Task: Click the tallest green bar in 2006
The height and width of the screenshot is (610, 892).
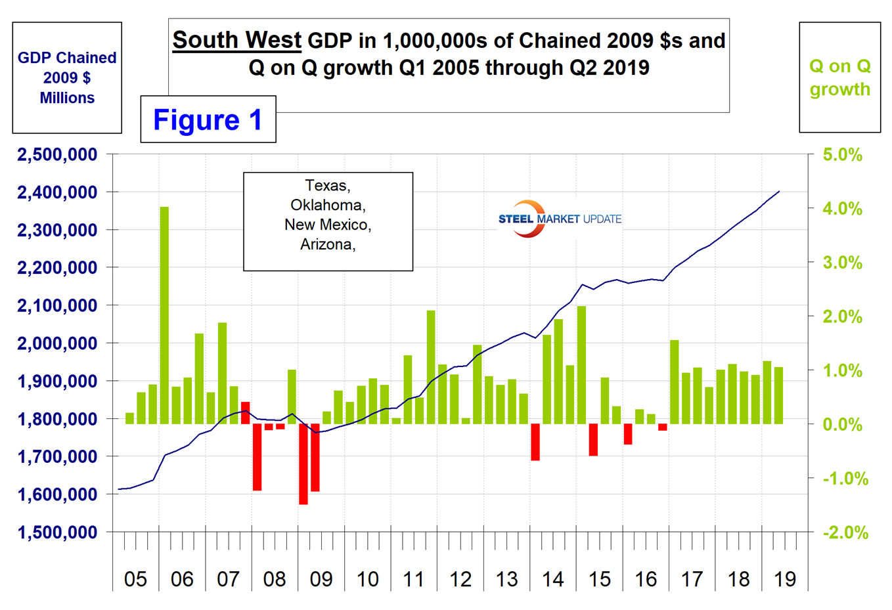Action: (164, 315)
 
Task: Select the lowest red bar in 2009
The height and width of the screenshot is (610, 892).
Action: (303, 464)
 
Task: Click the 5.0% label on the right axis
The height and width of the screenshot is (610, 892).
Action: (843, 155)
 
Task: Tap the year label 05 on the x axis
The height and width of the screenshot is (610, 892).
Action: (135, 579)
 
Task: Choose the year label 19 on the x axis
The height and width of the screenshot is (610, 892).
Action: (785, 579)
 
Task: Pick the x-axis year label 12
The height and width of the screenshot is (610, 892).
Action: (460, 579)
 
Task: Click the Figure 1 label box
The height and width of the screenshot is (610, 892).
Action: (208, 120)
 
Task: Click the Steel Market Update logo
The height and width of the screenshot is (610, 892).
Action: (560, 219)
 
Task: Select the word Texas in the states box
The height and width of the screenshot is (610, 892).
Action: (326, 186)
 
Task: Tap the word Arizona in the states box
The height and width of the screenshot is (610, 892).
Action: (326, 245)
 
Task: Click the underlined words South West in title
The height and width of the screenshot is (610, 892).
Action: (236, 41)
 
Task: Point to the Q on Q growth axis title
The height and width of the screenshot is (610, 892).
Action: (839, 77)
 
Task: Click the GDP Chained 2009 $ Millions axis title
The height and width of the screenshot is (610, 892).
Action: (67, 77)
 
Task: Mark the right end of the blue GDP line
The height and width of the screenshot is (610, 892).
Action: (779, 191)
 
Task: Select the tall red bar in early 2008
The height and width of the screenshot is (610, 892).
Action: (257, 457)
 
